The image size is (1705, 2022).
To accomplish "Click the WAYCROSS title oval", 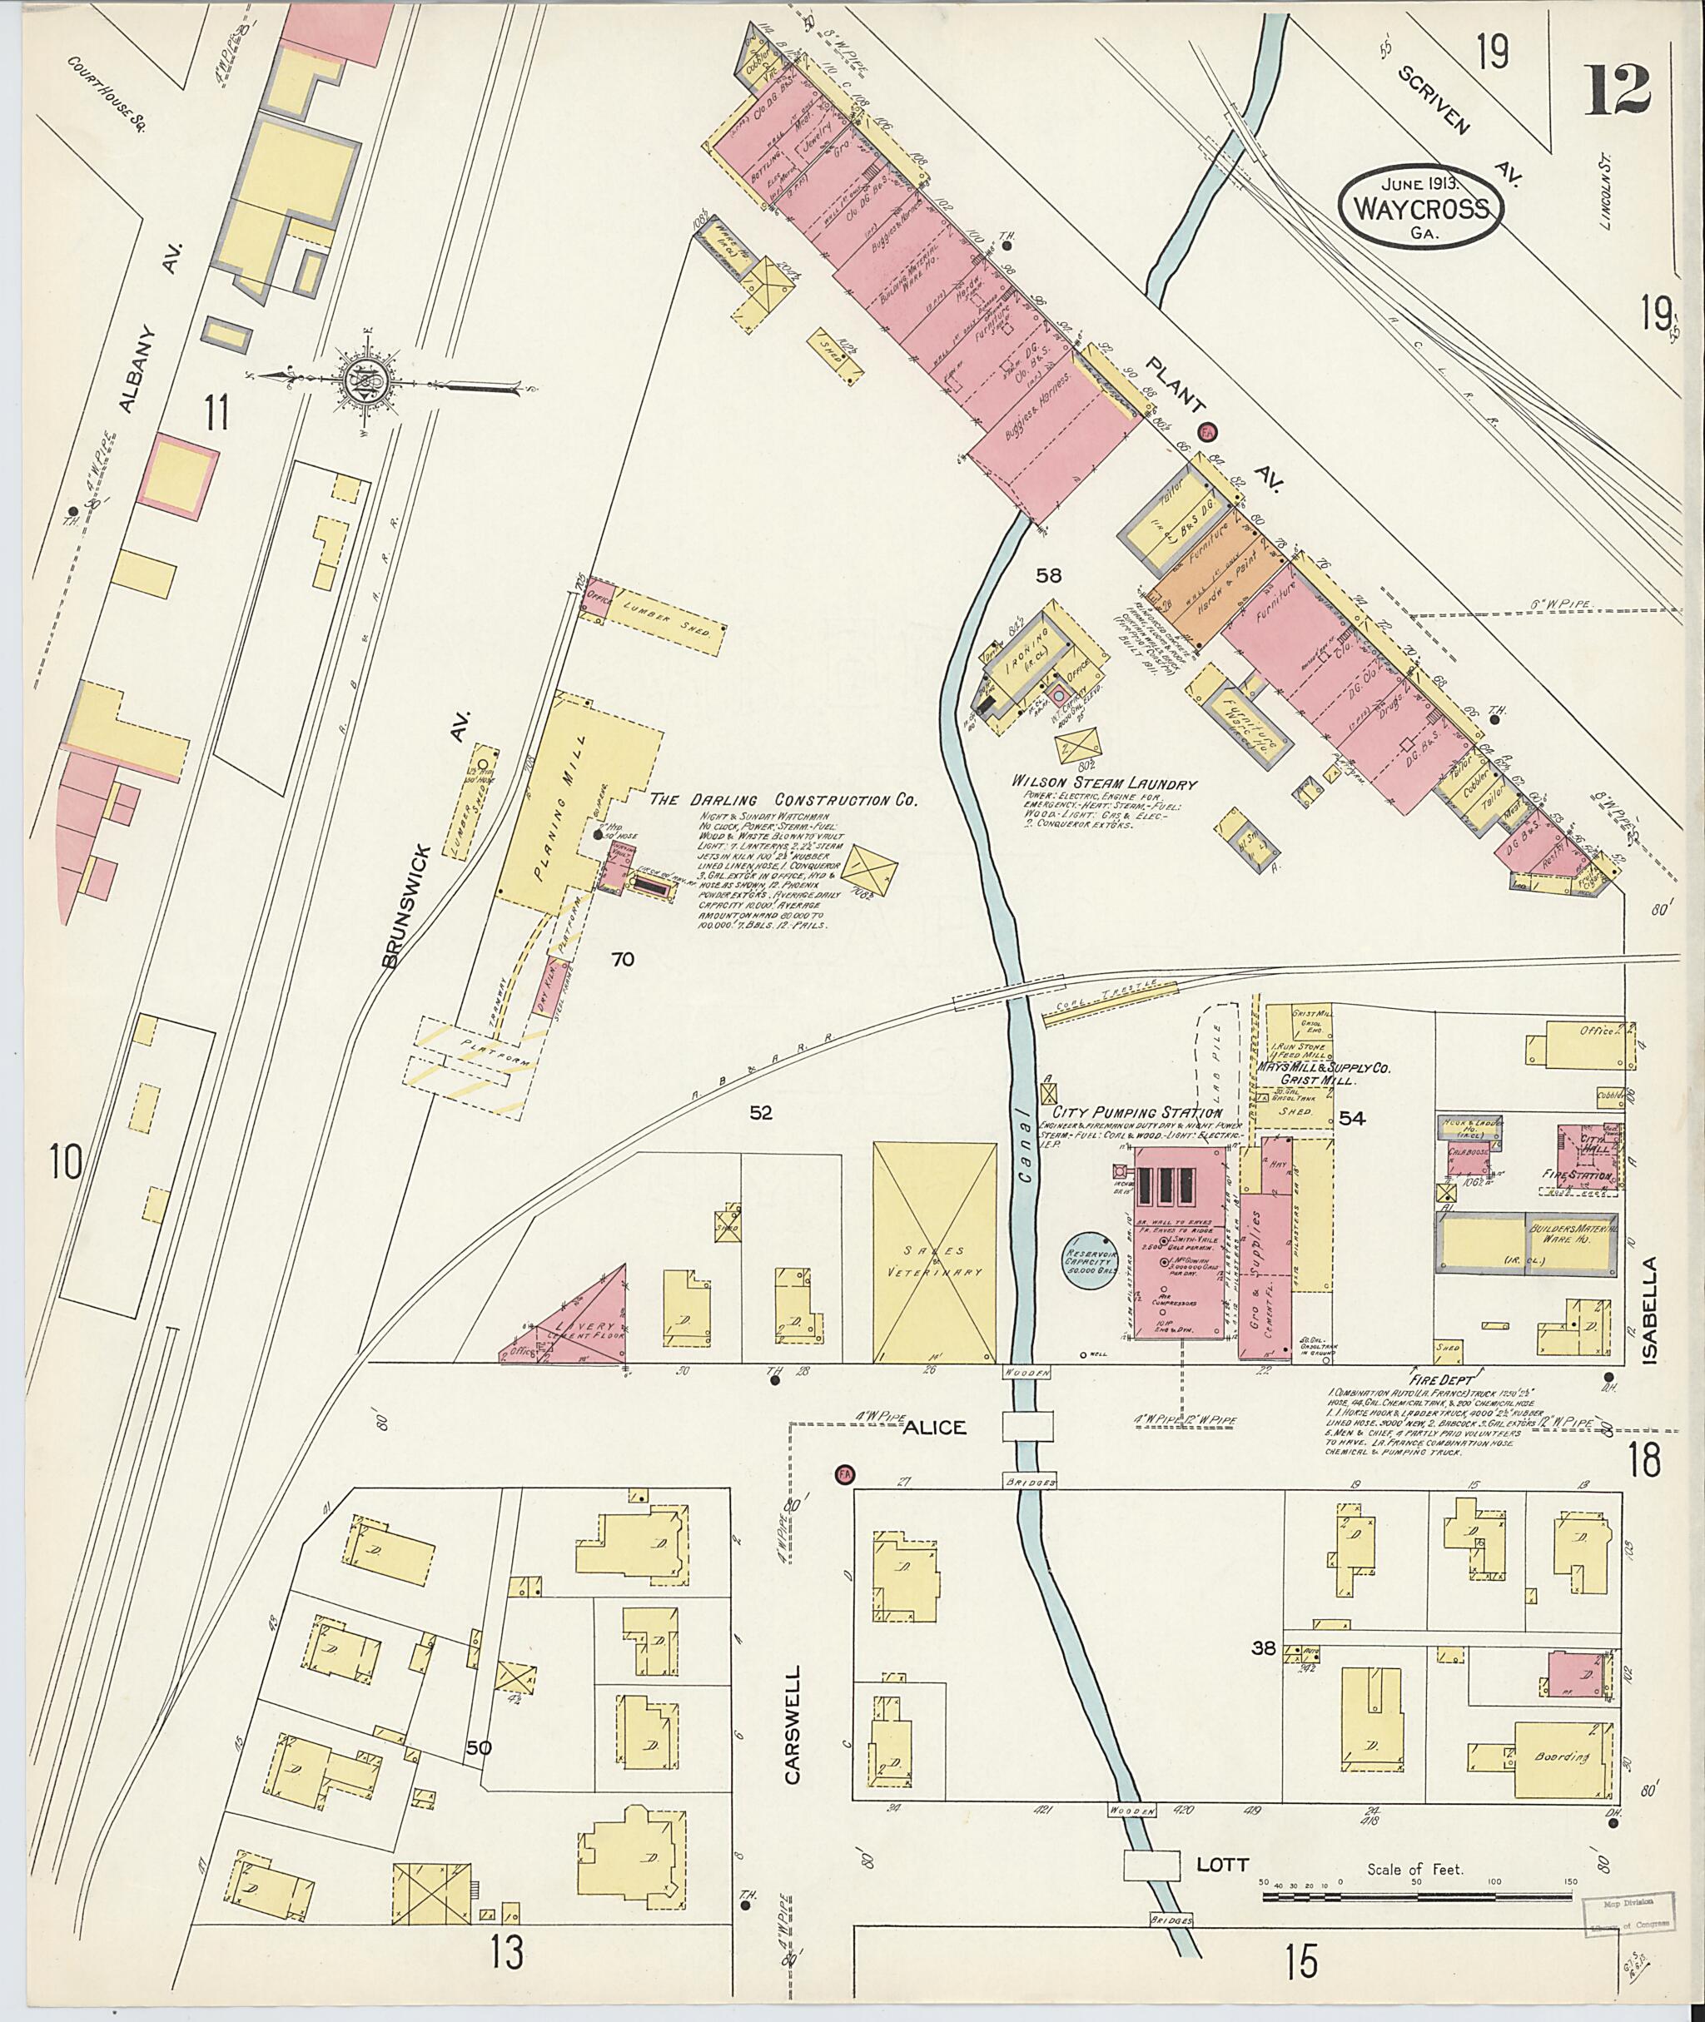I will (1420, 206).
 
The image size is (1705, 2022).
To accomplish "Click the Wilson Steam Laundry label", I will (1103, 784).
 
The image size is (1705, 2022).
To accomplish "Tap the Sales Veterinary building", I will (934, 1254).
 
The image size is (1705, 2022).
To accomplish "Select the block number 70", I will (622, 959).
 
